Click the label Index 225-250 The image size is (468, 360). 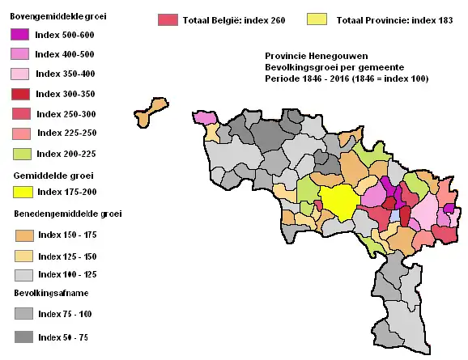69,133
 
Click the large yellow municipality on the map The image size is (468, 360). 338,201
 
